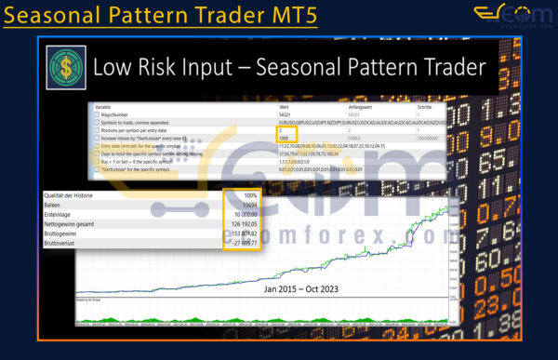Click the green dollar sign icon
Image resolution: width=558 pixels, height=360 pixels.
(x=64, y=69)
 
